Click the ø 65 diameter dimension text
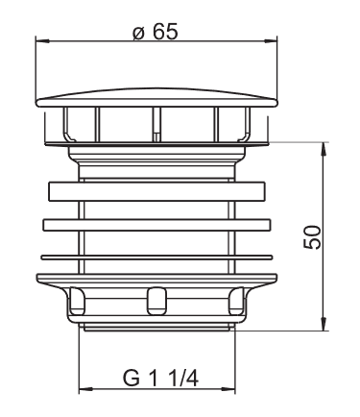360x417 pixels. click(156, 32)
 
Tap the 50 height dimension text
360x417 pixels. click(312, 237)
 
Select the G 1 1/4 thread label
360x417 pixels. click(160, 378)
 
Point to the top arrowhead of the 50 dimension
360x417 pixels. click(324, 149)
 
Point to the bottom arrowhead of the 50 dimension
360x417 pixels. click(324, 324)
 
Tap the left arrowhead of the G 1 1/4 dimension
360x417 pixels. click(85, 390)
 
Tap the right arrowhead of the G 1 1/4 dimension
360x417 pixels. click(228, 390)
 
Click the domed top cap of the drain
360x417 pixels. click(156, 98)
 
